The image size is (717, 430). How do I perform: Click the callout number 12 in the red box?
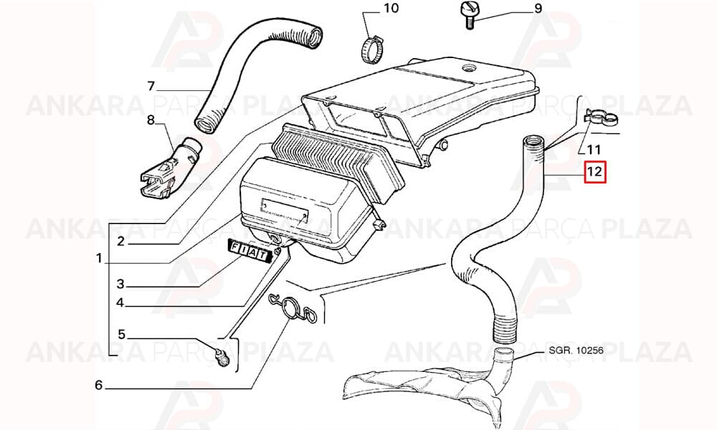click(x=595, y=172)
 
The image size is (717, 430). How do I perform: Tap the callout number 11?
click(x=594, y=149)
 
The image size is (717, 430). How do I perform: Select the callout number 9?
click(x=538, y=9)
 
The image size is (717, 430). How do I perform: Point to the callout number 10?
click(x=391, y=8)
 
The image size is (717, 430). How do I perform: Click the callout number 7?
click(x=151, y=85)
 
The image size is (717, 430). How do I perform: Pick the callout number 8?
click(x=151, y=120)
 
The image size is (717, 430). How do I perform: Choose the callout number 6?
click(x=99, y=386)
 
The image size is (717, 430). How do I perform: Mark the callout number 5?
click(x=121, y=335)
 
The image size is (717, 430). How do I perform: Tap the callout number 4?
click(x=120, y=302)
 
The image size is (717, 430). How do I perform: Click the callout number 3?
click(x=120, y=284)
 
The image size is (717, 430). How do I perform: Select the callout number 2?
click(x=120, y=241)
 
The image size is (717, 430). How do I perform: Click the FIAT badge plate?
click(x=250, y=251)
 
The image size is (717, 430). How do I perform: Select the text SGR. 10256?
click(x=576, y=350)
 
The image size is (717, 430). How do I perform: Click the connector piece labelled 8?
click(x=170, y=170)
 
